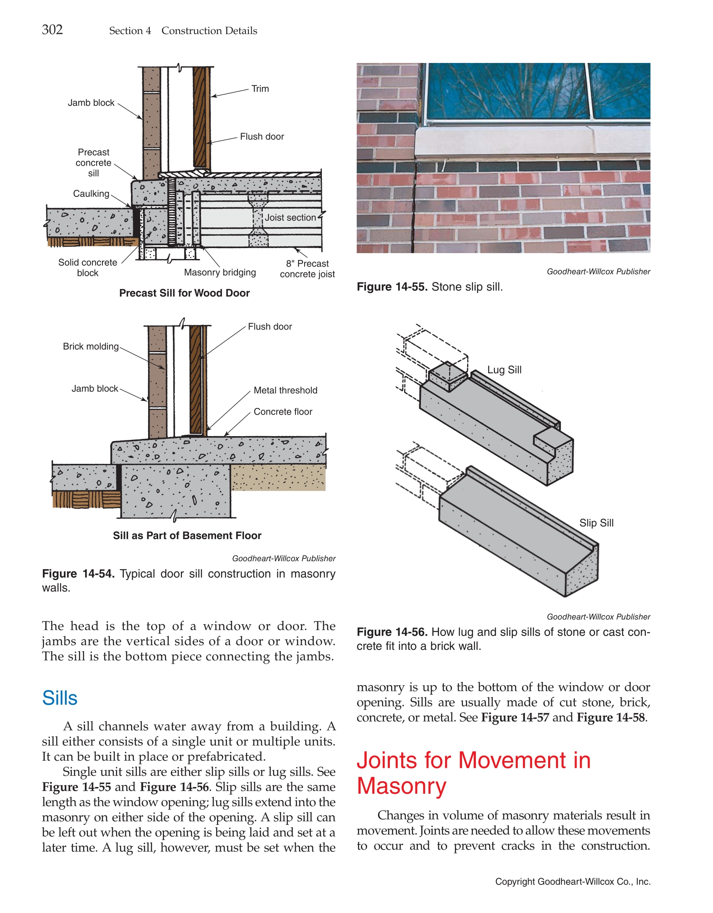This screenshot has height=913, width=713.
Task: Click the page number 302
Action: click(52, 30)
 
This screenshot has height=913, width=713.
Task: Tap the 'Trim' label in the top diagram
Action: click(260, 89)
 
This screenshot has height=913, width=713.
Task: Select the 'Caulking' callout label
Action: click(91, 194)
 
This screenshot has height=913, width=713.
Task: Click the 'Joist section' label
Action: click(290, 217)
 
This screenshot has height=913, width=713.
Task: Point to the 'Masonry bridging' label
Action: click(220, 272)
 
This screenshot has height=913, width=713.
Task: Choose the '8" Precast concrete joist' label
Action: click(307, 269)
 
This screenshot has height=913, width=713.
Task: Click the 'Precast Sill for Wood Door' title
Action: click(184, 293)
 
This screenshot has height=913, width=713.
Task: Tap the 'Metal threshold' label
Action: click(285, 390)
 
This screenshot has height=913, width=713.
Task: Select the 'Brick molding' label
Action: click(91, 346)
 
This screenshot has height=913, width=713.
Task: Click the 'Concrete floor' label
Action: click(283, 412)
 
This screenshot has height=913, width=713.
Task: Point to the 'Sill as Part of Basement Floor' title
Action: click(187, 536)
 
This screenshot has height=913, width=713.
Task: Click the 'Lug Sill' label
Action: click(504, 370)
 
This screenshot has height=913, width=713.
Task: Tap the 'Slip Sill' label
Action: click(596, 523)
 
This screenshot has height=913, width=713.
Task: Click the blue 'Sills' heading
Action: click(60, 698)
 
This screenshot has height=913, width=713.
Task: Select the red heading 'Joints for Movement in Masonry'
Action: click(473, 773)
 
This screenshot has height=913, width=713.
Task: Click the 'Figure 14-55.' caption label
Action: click(392, 287)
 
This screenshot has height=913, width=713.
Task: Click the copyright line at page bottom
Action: click(572, 882)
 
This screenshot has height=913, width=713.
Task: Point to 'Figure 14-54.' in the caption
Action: click(78, 574)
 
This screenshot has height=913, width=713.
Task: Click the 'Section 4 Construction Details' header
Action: click(183, 31)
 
